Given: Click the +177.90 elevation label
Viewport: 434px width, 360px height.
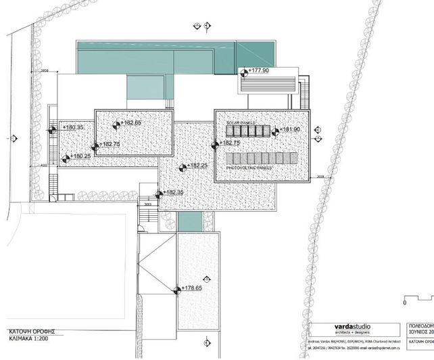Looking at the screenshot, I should tap(259, 70).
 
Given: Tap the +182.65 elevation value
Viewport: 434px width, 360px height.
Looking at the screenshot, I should tap(128, 123).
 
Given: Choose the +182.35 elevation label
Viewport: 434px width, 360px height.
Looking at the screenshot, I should tap(173, 192).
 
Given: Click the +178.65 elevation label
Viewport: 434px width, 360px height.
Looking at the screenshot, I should tap(192, 288).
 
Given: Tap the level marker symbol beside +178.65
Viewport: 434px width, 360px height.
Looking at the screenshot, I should tap(177, 290).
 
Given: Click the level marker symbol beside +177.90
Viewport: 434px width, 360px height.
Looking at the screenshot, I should tap(245, 70).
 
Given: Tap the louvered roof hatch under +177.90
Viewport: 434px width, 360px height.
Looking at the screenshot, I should tap(268, 86).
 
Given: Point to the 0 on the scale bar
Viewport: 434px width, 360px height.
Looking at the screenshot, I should tap(404, 305).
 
